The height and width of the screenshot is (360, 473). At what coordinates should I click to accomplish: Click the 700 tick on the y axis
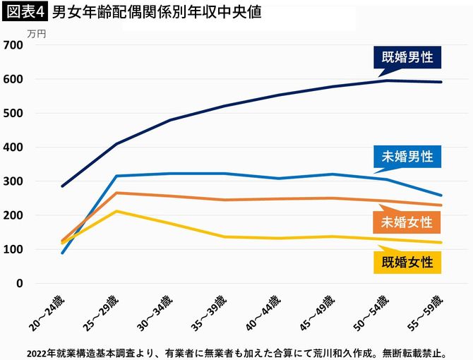coord(14,45)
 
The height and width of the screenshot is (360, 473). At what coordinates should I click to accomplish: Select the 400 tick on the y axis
coord(14,148)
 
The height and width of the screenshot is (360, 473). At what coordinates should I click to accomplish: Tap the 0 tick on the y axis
coord(20,284)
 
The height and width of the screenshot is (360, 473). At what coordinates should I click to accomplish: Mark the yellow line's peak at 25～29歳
coord(116,211)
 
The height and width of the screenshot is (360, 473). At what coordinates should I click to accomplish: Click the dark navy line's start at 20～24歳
coord(61,186)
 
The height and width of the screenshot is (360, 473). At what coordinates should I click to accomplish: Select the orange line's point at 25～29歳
coord(116,193)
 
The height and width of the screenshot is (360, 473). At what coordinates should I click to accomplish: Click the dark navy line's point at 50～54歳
coord(387,80)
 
